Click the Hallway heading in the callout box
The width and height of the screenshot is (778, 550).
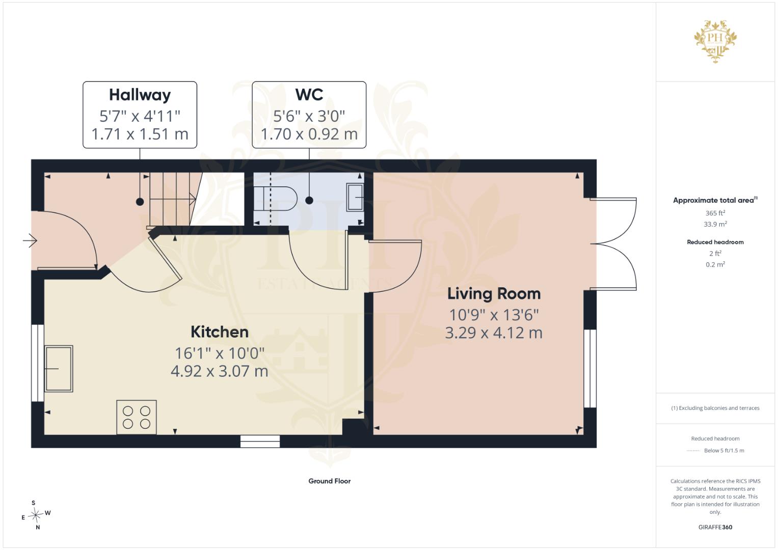point(140,95)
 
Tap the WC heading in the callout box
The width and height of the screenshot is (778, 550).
point(309,94)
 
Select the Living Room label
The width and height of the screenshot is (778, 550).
point(494,294)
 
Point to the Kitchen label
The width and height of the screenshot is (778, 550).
point(220,332)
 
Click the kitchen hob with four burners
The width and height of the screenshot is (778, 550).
point(137,417)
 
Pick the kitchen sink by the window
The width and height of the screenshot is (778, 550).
point(59,368)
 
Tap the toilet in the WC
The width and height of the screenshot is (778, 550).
point(276,199)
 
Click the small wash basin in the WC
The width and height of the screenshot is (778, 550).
point(355,197)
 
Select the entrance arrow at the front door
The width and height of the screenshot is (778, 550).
point(30,240)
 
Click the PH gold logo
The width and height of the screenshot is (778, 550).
point(715,41)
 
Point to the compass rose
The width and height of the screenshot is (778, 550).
point(36,515)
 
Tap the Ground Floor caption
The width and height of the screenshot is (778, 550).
point(329,481)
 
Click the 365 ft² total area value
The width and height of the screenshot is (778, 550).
point(715,213)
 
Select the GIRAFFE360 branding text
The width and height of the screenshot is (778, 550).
point(715,527)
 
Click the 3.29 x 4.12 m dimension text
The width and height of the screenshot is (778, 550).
point(494,333)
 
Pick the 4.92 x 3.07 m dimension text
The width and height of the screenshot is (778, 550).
point(220,371)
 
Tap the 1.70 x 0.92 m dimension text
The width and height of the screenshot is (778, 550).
point(309,134)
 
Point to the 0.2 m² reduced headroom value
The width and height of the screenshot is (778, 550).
point(715,264)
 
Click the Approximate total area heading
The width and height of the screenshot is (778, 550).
point(715,200)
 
